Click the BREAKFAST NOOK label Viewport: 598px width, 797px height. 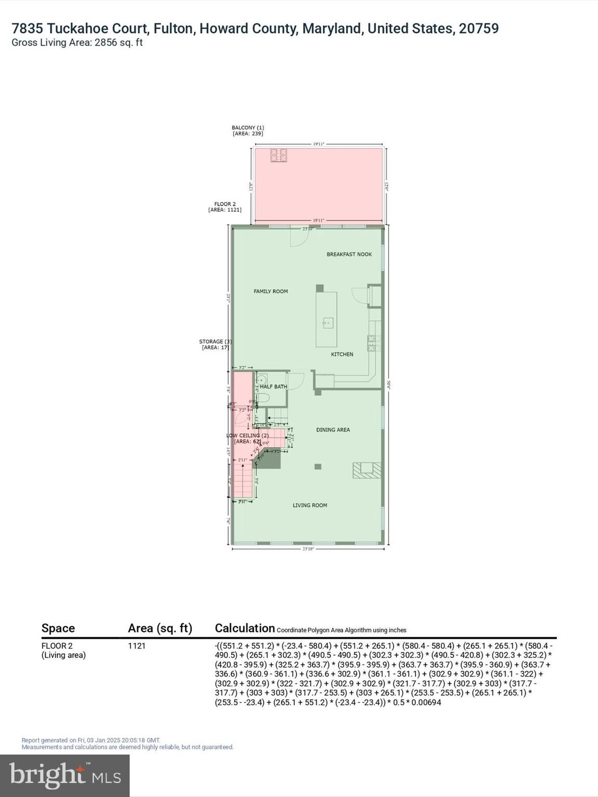pyautogui.click(x=349, y=254)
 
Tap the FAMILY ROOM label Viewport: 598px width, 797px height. pyautogui.click(x=270, y=292)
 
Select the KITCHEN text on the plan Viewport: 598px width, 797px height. pyautogui.click(x=342, y=354)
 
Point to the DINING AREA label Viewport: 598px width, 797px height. pyautogui.click(x=333, y=430)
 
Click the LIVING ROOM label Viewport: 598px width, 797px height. pyautogui.click(x=309, y=505)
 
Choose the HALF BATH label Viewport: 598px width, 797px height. pyautogui.click(x=274, y=387)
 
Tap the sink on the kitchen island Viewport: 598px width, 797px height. pyautogui.click(x=327, y=323)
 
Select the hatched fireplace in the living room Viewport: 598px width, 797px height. pyautogui.click(x=366, y=470)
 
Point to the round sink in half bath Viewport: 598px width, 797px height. pyautogui.click(x=262, y=379)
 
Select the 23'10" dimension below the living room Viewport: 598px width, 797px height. pyautogui.click(x=308, y=548)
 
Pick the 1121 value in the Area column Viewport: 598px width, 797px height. pyautogui.click(x=137, y=646)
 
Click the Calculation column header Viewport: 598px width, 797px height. pyautogui.click(x=244, y=628)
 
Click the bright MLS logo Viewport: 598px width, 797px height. pyautogui.click(x=65, y=776)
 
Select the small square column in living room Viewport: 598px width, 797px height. pyautogui.click(x=318, y=467)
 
